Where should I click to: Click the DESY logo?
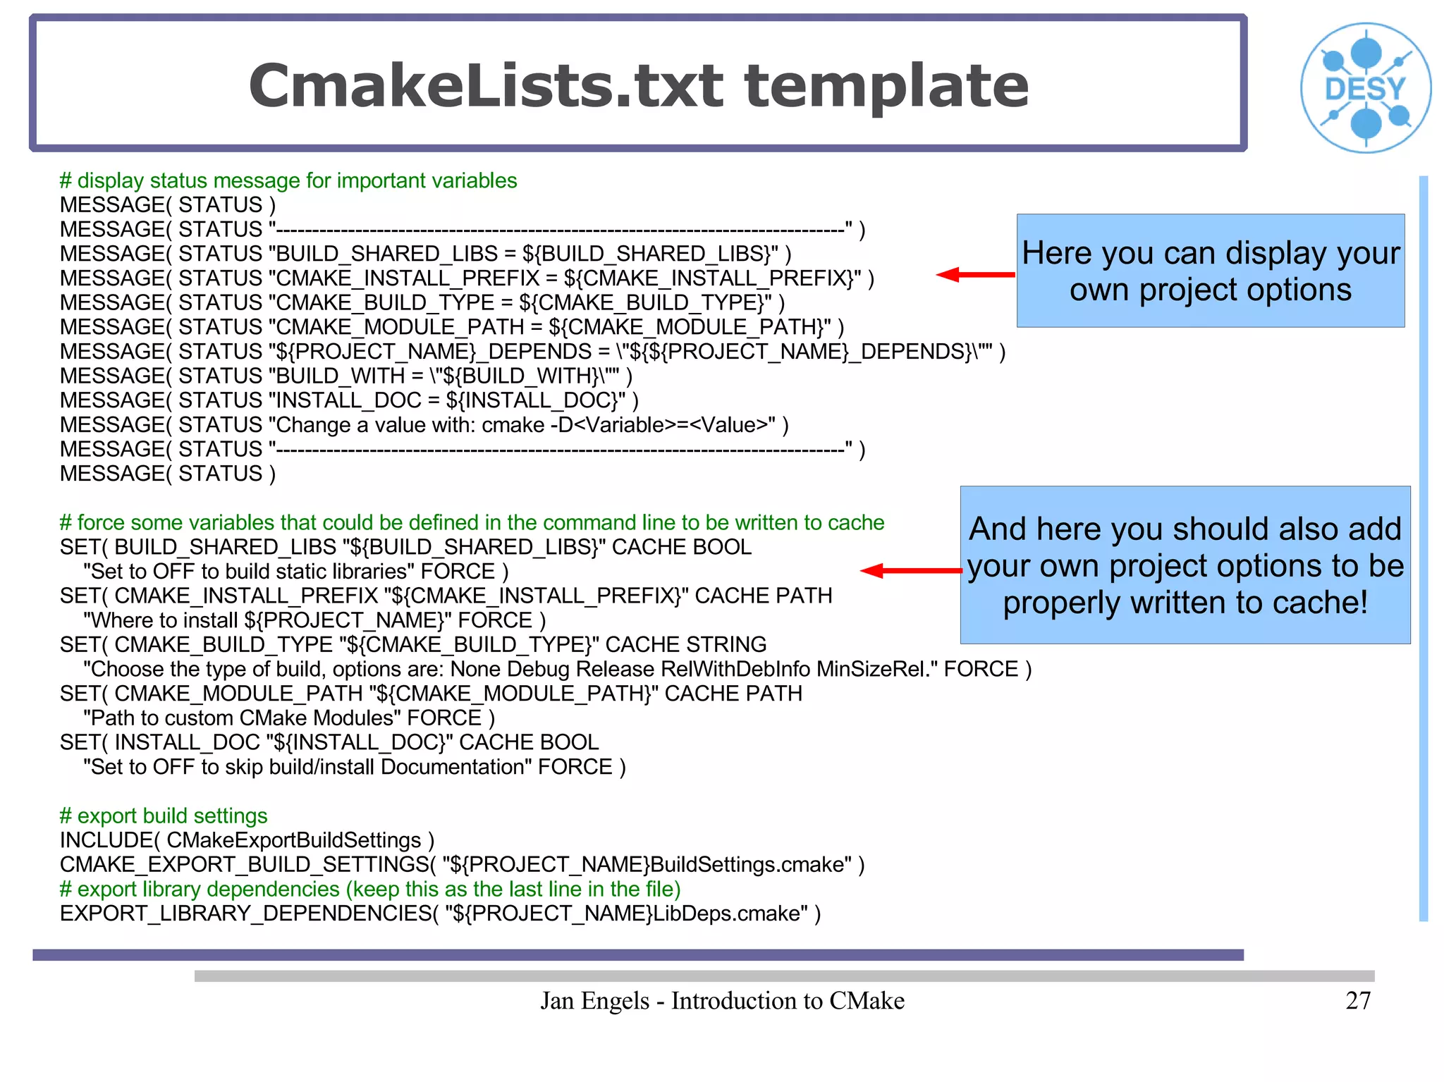tap(1366, 88)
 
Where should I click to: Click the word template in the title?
tap(886, 87)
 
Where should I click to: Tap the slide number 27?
tap(1357, 1000)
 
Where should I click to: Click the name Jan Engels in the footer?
tap(594, 1000)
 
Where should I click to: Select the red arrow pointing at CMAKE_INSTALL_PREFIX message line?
tap(975, 275)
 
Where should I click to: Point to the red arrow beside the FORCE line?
tap(910, 571)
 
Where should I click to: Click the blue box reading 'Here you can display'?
tap(1210, 271)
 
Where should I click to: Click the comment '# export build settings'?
tap(164, 816)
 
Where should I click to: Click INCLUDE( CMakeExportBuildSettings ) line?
tap(247, 840)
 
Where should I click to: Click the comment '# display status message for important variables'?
tap(288, 180)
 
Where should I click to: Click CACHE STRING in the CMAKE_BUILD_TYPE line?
tap(685, 644)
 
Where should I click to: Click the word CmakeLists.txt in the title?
tap(487, 87)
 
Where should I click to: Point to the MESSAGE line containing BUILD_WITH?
tap(345, 376)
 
